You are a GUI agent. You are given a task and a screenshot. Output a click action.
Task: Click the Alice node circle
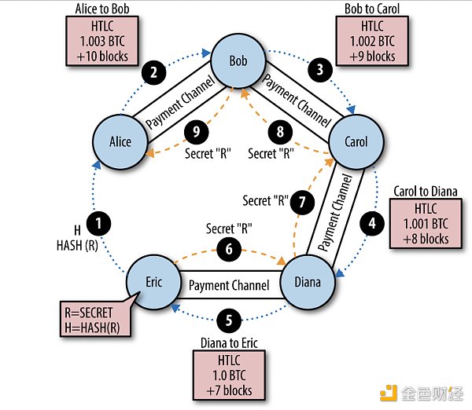119,142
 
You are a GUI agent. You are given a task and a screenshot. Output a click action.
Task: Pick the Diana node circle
312,283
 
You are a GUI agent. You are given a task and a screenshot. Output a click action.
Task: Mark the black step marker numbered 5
228,320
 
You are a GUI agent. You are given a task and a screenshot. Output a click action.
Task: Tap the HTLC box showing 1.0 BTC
229,373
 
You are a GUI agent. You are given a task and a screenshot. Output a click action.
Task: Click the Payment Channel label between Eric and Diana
230,284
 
